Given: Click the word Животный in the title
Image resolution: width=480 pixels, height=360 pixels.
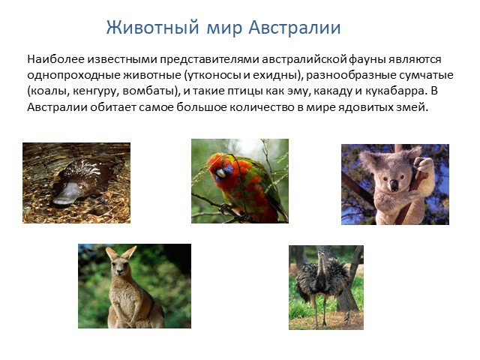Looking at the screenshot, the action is click(152, 27).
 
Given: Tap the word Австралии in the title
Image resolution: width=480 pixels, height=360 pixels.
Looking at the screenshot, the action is click(295, 27).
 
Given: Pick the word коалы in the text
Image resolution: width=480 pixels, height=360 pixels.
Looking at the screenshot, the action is click(48, 91).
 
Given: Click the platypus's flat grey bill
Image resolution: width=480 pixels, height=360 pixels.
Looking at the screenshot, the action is click(67, 194).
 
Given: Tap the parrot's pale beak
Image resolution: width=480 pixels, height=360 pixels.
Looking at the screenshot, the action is click(221, 173).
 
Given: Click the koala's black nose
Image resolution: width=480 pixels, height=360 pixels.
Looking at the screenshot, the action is click(394, 185).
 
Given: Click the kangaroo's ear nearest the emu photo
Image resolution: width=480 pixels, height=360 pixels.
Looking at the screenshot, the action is click(129, 253).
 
